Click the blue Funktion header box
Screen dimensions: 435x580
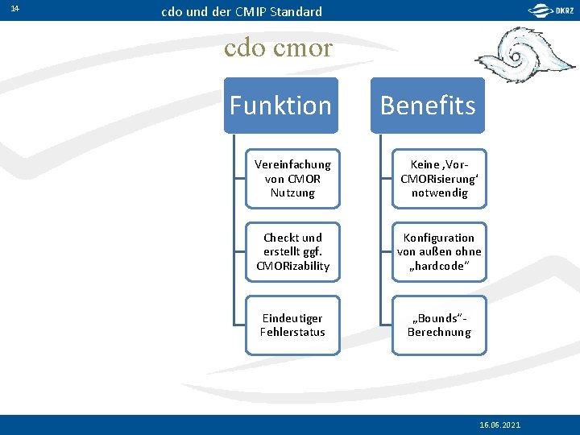click(x=280, y=106)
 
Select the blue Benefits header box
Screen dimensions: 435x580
click(x=428, y=106)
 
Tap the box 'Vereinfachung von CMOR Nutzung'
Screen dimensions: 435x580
click(x=292, y=178)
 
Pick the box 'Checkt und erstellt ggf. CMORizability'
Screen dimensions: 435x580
click(x=292, y=251)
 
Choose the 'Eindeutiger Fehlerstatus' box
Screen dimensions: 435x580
click(x=292, y=325)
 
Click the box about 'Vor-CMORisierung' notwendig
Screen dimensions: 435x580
click(x=439, y=178)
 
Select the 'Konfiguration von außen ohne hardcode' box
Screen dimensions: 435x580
click(x=439, y=251)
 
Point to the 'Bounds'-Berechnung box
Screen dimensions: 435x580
click(x=439, y=325)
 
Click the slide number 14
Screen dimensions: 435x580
click(x=15, y=9)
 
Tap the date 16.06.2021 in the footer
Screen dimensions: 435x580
click(x=499, y=425)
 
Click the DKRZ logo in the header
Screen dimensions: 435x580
click(x=551, y=10)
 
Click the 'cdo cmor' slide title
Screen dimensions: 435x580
click(x=278, y=48)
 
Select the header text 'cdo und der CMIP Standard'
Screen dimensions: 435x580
click(x=242, y=11)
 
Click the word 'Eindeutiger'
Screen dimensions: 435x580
click(x=292, y=318)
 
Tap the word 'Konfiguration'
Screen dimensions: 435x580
click(x=439, y=238)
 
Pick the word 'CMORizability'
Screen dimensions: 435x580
click(x=292, y=266)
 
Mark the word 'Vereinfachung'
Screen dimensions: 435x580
click(x=292, y=164)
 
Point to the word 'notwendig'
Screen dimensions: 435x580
click(x=439, y=193)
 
